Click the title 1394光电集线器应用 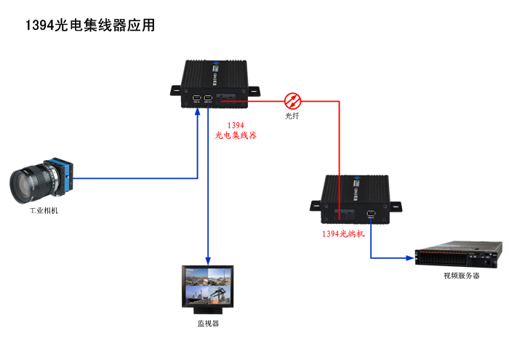pos(90,25)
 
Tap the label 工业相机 pos(43,211)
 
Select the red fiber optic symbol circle pos(292,100)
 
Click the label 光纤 pos(292,116)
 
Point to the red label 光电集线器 pos(236,135)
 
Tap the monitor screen pos(209,284)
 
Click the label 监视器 pos(208,323)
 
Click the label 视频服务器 pos(461,276)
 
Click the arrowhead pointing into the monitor pos(209,261)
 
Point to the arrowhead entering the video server pos(409,257)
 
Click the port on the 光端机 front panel pos(372,213)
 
